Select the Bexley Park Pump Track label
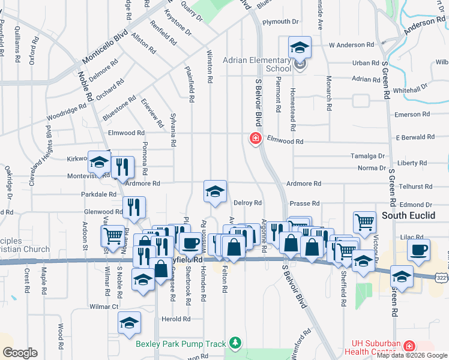pos(181,344)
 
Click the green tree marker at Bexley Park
pos(236,343)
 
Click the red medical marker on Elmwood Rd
pos(255,139)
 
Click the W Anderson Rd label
pos(351,45)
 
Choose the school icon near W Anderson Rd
pos(300,47)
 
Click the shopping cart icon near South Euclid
pos(364,222)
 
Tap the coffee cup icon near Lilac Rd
pos(418,249)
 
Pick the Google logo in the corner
pos(20,353)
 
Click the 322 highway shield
pos(441,275)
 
